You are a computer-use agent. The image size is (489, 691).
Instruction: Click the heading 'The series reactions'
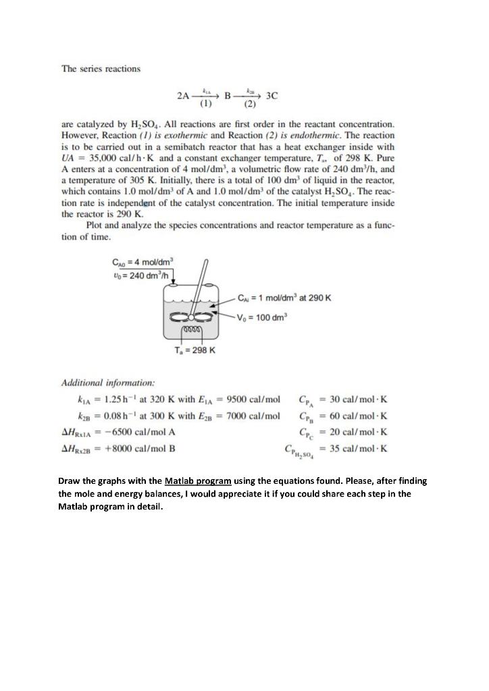click(x=101, y=69)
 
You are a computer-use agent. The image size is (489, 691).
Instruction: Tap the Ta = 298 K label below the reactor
click(x=195, y=350)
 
